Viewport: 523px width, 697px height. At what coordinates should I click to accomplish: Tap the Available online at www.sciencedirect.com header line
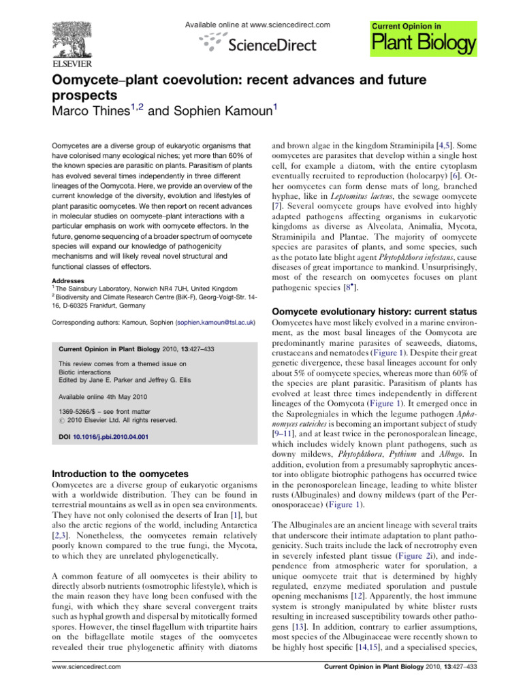tap(257, 25)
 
